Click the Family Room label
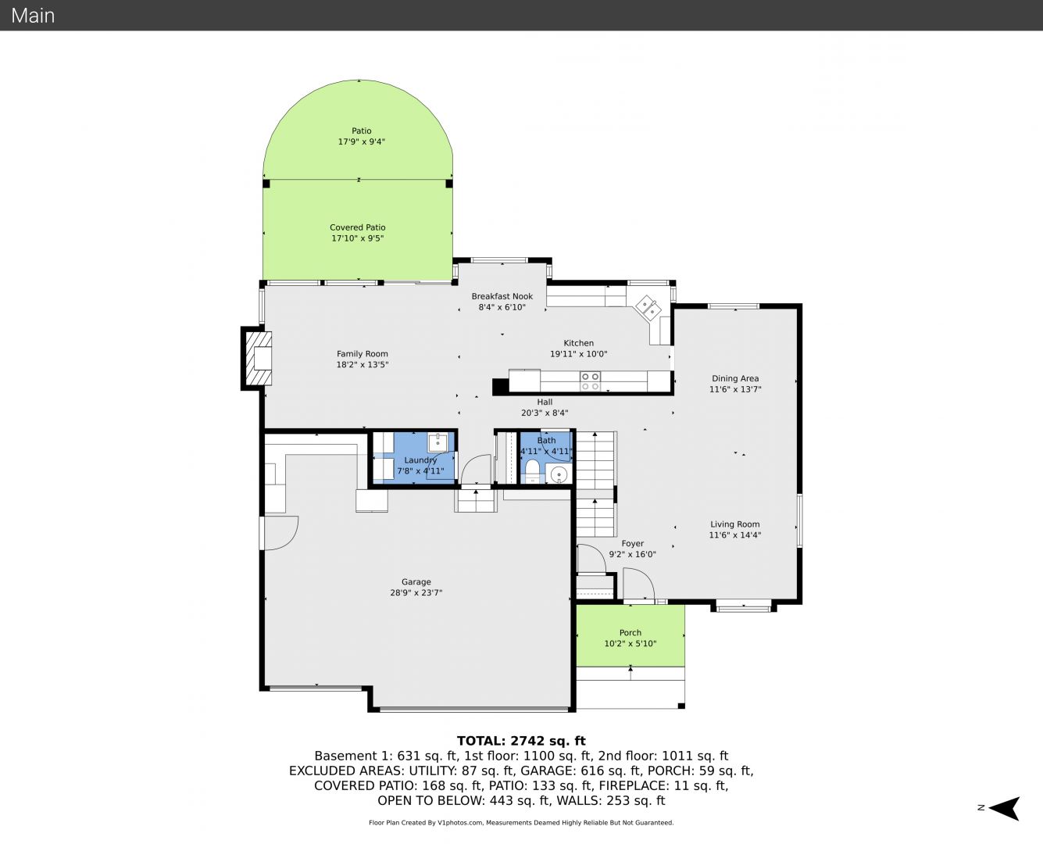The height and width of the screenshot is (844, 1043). coord(362,354)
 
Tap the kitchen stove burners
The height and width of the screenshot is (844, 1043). coord(590,381)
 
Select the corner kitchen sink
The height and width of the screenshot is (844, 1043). coord(648,308)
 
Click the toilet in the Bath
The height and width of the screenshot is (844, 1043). coord(532,470)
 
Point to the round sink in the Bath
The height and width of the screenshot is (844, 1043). coord(559,474)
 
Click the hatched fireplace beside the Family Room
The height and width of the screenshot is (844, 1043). coord(258,358)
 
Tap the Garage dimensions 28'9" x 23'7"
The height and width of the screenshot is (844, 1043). coord(416,592)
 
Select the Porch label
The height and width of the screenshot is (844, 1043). coord(630,632)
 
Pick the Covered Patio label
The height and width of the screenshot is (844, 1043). coord(358,227)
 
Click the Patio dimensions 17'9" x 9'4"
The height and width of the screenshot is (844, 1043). coord(362,141)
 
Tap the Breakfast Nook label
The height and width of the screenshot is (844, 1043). coord(502,296)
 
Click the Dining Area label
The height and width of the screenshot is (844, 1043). coord(735,378)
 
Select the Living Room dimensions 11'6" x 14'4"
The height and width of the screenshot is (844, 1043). coord(735,535)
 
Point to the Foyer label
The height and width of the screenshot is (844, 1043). coord(633,543)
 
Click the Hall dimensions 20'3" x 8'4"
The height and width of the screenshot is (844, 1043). coord(545,413)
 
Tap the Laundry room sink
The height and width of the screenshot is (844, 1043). coord(438,442)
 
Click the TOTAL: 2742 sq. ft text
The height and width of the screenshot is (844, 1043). coord(521,741)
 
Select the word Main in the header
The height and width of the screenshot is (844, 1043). coord(33,16)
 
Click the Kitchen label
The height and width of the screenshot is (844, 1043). coord(578,343)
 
